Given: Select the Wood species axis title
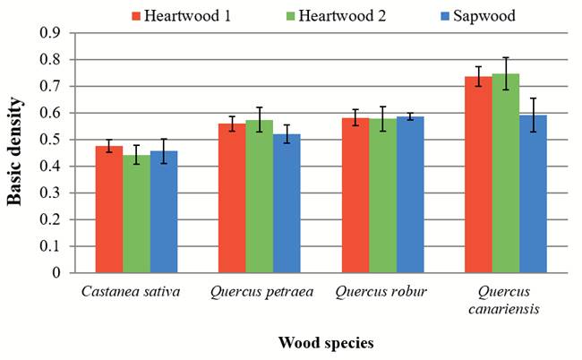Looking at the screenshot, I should tap(325, 343).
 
